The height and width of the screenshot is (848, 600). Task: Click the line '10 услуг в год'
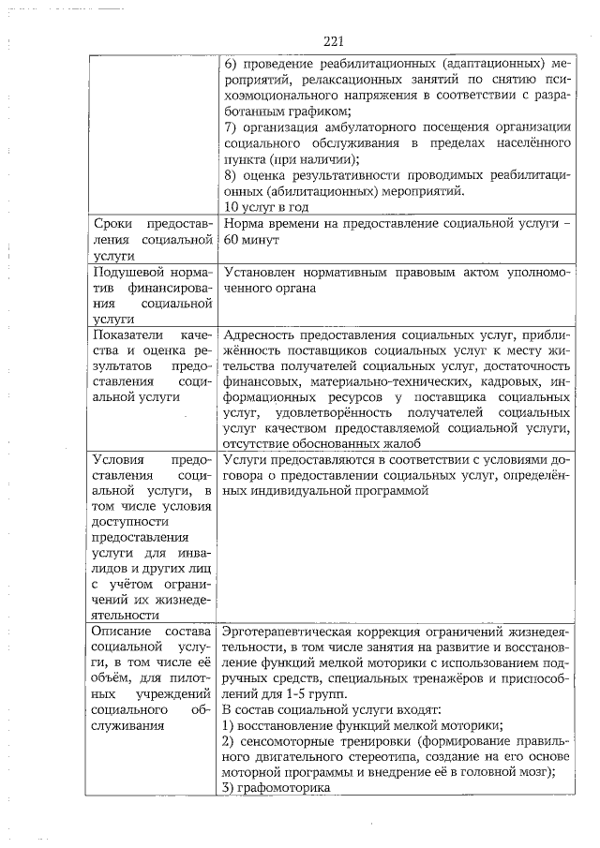267,207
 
